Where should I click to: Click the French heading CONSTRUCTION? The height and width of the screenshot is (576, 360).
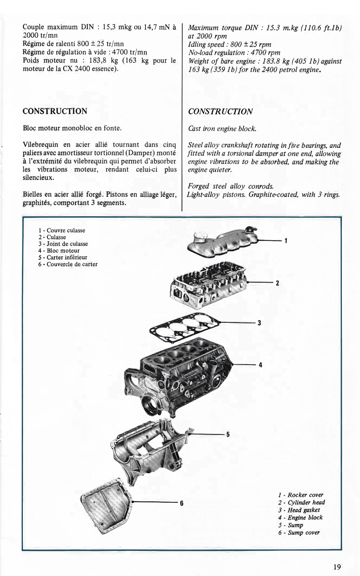[x=54, y=111]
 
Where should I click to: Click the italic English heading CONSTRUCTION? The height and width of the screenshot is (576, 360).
[x=220, y=112]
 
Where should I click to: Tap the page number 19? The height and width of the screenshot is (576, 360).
[x=337, y=567]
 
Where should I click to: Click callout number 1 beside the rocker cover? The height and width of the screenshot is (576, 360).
[x=286, y=241]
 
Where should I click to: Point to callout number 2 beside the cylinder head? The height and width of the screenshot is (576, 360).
[x=278, y=283]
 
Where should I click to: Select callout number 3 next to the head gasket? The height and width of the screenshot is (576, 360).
[x=260, y=323]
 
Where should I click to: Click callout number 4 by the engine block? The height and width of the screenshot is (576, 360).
[x=261, y=365]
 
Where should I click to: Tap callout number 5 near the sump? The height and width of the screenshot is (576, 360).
[x=228, y=434]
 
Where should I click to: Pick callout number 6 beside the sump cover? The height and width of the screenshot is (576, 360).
[x=181, y=503]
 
